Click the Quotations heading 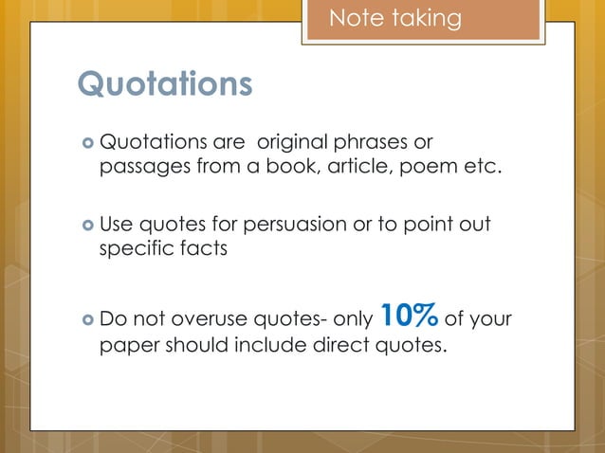point(165,84)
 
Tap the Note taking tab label point(394,18)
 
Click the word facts point(197,250)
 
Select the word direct point(343,344)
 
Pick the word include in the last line point(275,344)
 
